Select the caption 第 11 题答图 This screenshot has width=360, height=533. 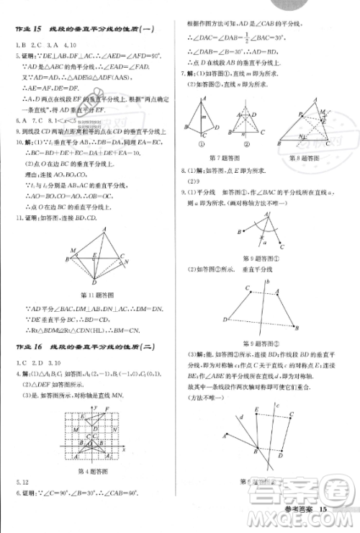click(x=94, y=295)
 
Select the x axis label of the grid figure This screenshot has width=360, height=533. click(x=124, y=449)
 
